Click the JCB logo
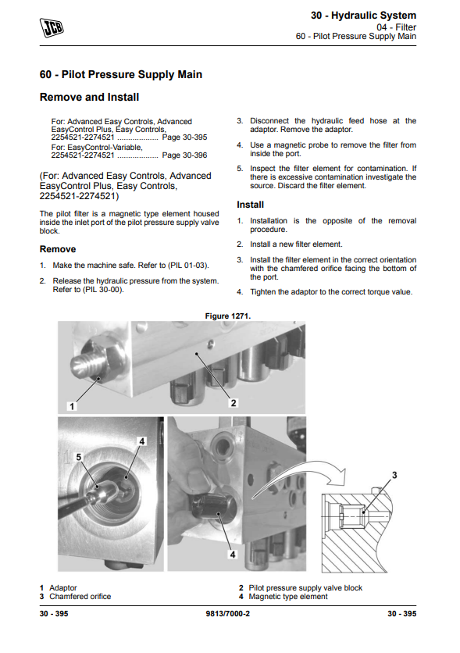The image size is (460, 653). click(52, 28)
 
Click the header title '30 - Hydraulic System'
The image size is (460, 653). click(363, 16)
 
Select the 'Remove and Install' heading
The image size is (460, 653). click(89, 97)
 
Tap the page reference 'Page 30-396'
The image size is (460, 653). click(184, 155)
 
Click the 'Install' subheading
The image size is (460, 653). click(250, 205)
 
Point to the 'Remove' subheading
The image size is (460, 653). click(58, 249)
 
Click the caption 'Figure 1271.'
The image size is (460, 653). click(228, 316)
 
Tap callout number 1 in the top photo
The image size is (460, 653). click(72, 406)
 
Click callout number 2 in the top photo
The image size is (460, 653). click(234, 403)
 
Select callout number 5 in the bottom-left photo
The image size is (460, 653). click(79, 457)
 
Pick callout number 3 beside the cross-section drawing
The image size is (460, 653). click(394, 475)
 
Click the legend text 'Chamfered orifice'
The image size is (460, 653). click(80, 596)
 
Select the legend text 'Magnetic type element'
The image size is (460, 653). click(288, 596)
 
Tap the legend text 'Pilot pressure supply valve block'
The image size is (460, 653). click(305, 587)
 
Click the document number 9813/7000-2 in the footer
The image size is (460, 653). click(228, 613)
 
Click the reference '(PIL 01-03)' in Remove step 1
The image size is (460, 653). click(188, 266)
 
